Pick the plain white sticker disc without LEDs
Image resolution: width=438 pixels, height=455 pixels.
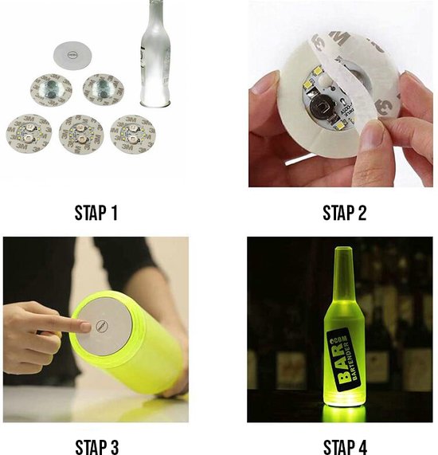(72, 54)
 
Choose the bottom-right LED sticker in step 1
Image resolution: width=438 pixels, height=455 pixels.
(131, 131)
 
